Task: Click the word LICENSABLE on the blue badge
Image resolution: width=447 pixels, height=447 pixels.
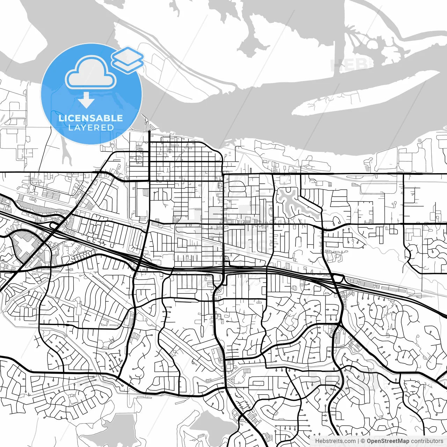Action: click(x=91, y=118)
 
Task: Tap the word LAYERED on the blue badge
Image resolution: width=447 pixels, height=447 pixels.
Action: click(x=91, y=127)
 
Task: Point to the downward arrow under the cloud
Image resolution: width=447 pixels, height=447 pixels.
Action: click(x=86, y=101)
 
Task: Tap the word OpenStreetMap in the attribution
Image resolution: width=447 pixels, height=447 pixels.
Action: click(x=388, y=441)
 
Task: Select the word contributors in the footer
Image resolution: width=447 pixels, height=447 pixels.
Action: click(x=427, y=441)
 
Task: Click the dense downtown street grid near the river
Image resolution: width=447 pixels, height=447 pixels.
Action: click(x=185, y=157)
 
